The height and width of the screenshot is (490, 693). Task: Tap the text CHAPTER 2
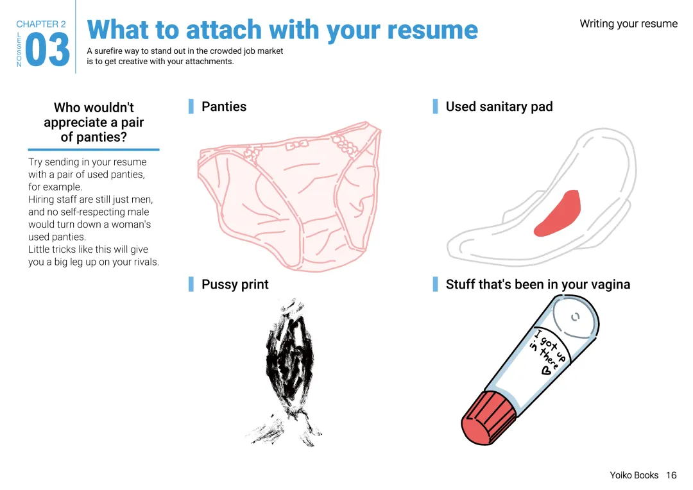tap(41, 24)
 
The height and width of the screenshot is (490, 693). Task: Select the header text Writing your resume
tap(628, 24)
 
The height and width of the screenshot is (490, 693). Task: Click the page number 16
tap(671, 475)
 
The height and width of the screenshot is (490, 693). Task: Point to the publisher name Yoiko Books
tap(634, 475)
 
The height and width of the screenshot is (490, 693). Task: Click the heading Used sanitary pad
tap(499, 106)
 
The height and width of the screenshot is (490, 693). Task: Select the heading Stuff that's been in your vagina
tap(538, 284)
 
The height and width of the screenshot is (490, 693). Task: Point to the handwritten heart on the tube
tap(546, 370)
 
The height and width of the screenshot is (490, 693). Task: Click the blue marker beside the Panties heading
tap(191, 106)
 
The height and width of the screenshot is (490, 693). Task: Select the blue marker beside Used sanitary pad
tap(436, 106)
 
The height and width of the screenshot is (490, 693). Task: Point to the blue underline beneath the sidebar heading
tap(94, 149)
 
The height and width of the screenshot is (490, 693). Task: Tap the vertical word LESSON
tap(19, 49)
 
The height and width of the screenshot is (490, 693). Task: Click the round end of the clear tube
tap(575, 318)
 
